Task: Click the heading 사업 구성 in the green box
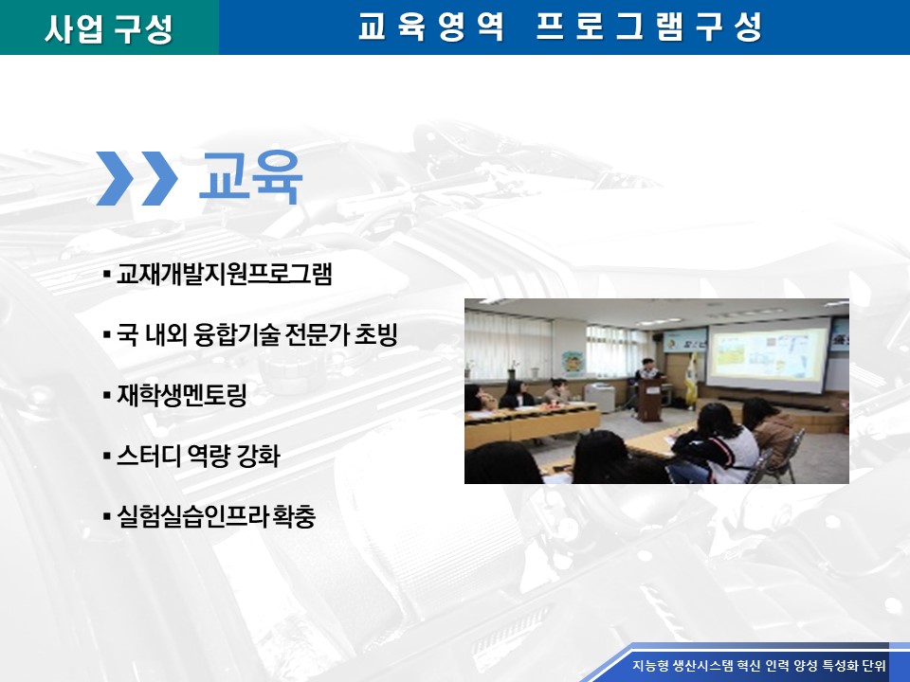point(109,27)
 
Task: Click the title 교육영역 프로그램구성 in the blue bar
point(560,27)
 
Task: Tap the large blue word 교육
point(250,177)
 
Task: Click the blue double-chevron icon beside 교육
point(136,178)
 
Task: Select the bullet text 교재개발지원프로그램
point(224,274)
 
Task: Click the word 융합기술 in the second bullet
point(237,334)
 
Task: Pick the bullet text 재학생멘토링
point(182,395)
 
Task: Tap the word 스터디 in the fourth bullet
point(149,456)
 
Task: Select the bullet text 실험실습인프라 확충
point(216,516)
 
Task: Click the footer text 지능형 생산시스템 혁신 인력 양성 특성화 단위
point(759,665)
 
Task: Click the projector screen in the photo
point(769,353)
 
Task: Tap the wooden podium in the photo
point(650,399)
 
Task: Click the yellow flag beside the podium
point(691,379)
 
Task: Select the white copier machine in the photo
point(599,397)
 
